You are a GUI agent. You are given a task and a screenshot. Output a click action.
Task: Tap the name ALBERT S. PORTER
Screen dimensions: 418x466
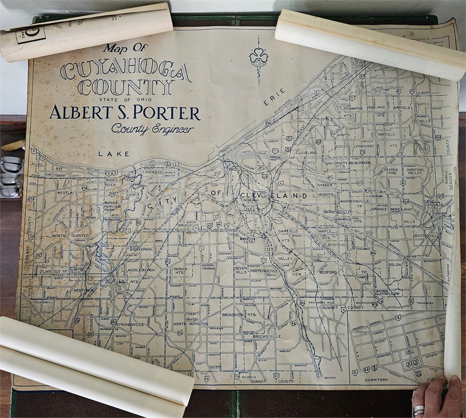[125, 113]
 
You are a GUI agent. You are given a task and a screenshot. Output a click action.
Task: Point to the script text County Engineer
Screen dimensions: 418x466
[152, 129]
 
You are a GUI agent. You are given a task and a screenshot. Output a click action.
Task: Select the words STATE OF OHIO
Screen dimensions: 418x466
[119, 99]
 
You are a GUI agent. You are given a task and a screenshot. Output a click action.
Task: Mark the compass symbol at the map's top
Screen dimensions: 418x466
[259, 59]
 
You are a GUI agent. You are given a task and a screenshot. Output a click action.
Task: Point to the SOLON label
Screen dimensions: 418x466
[395, 264]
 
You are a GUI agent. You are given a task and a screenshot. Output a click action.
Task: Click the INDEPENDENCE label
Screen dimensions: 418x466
[264, 270]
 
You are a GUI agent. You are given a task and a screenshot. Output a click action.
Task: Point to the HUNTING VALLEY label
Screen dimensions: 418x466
[415, 173]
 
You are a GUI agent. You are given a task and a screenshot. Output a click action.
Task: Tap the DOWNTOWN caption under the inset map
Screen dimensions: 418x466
[376, 380]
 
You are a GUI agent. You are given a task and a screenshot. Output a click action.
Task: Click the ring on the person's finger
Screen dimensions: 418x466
[418, 410]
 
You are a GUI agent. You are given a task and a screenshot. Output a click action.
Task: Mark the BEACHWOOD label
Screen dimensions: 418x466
[360, 163]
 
